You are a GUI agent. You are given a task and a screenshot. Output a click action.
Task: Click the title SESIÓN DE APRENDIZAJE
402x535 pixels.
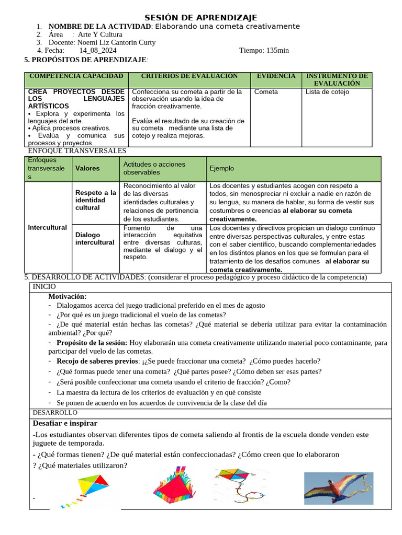201,18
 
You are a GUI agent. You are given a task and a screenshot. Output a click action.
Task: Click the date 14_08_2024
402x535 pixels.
98,51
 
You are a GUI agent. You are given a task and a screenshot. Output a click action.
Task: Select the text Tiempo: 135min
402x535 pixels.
264,51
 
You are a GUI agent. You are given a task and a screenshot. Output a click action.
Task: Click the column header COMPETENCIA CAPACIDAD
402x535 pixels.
76,76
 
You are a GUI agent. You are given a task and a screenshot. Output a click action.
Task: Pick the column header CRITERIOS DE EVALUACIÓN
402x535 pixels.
189,76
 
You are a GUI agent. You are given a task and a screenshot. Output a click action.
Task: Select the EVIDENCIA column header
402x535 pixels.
276,76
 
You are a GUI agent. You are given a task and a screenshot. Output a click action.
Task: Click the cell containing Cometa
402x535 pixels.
266,92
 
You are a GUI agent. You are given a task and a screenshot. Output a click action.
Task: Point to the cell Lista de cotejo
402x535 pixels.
327,92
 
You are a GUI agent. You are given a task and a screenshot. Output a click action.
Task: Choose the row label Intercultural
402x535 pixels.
47,227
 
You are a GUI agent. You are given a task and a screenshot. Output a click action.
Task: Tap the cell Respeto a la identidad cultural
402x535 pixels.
95,200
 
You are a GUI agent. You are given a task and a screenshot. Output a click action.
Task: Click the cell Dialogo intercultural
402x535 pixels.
95,239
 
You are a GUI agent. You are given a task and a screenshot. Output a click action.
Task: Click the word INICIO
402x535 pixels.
44,287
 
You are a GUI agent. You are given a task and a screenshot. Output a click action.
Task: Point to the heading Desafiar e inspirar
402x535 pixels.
65,423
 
